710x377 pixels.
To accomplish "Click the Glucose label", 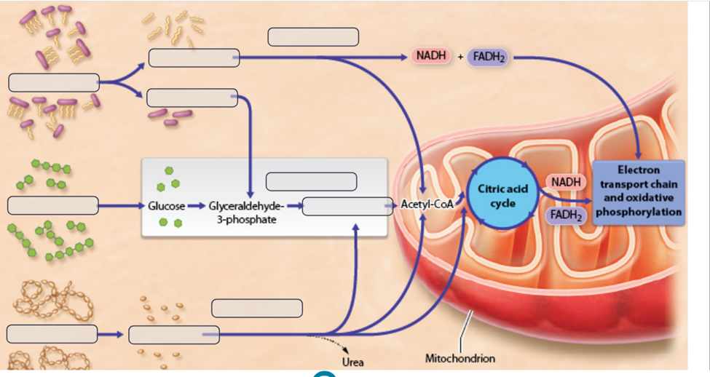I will [167, 206].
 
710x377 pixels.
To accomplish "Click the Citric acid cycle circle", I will [502, 195].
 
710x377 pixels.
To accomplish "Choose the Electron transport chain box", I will [639, 191].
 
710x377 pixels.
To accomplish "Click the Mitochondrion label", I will [460, 359].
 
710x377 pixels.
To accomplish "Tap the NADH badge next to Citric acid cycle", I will [566, 181].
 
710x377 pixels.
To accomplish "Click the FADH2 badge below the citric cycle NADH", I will [566, 215].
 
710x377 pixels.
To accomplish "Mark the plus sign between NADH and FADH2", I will [460, 56].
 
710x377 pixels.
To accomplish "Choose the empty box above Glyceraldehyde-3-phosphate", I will [311, 181].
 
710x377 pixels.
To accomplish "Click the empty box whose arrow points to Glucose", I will [52, 206].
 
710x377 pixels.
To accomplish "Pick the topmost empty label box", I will [313, 36].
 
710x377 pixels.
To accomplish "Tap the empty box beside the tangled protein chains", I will [52, 335].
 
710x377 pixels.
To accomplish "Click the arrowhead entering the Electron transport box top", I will [639, 155].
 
